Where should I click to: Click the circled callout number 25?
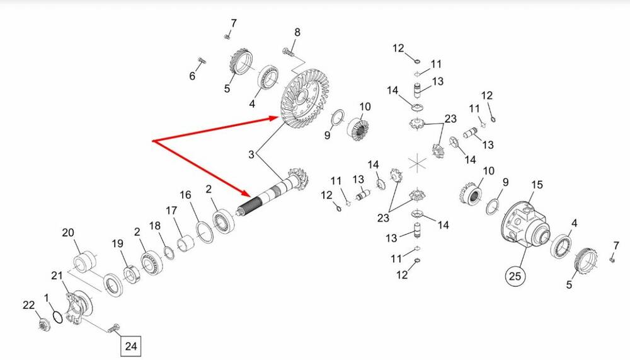coord(515,276)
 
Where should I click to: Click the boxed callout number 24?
coord(131,345)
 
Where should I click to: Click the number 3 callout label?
coord(251,154)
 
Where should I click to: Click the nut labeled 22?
coord(44,324)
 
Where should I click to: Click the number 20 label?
coord(68,233)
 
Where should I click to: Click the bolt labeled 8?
coord(288,52)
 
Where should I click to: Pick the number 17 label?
coord(171,211)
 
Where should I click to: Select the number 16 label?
coord(185,195)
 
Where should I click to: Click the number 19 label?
coord(117,243)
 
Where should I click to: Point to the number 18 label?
coord(155,226)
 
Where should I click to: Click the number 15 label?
coord(537,185)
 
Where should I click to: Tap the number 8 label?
coord(297,32)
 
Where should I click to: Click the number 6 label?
coord(192,76)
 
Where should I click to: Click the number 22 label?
coord(28,305)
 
